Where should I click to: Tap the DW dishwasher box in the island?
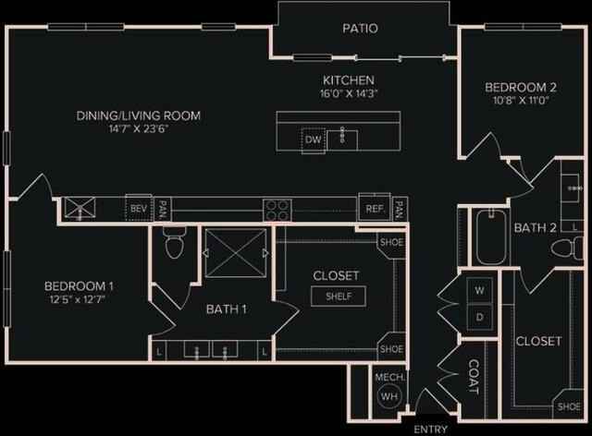coord(313,139)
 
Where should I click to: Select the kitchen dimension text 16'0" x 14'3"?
coord(348,93)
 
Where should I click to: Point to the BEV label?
coord(139,209)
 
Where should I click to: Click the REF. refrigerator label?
coord(375,209)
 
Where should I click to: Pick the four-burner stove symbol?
coord(277,209)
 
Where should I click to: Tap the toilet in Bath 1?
coord(174,245)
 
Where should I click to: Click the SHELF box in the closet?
coord(338,297)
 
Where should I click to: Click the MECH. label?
coord(387,377)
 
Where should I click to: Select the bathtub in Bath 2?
coord(489,238)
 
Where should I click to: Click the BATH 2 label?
coord(536,226)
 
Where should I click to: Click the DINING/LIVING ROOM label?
coord(138,115)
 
